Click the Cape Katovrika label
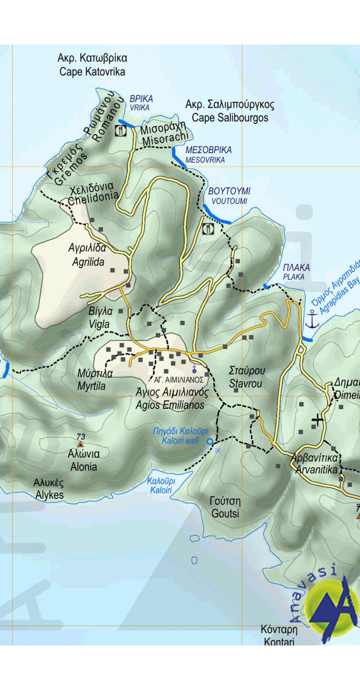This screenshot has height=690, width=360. click(92, 65)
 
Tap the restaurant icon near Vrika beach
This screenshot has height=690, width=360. click(121, 131)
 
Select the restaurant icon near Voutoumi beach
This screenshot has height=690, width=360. click(208, 229)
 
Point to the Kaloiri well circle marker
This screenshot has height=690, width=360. click(210, 442)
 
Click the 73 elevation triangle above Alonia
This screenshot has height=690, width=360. click(80, 444)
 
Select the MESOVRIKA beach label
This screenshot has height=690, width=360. click(208, 155)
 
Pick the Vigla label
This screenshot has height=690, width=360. click(100, 318)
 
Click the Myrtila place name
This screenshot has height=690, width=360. click(94, 379)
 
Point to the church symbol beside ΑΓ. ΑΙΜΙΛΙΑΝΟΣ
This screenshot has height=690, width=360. click(194, 369)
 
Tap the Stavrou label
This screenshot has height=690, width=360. click(246, 377)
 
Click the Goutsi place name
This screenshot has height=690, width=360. click(225, 507)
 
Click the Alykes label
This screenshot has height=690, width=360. click(49, 489)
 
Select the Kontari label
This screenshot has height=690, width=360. click(279, 635)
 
